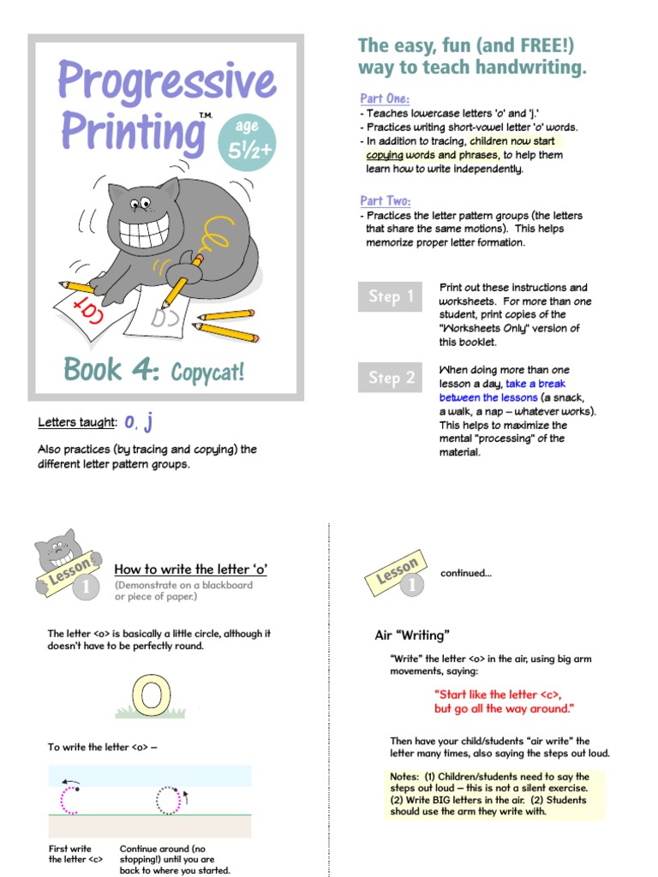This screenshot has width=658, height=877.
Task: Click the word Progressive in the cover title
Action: [x=167, y=82]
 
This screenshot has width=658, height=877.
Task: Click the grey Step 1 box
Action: [x=390, y=296]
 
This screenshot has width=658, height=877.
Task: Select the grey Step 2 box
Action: [x=390, y=377]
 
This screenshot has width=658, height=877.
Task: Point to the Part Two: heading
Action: [x=386, y=200]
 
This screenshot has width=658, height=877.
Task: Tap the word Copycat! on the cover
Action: [x=207, y=373]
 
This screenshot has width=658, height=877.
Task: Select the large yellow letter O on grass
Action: [x=155, y=695]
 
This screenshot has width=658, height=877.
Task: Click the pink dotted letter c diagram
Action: [x=69, y=798]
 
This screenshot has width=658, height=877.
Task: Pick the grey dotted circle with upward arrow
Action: [x=168, y=800]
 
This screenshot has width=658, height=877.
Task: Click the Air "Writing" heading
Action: [x=413, y=635]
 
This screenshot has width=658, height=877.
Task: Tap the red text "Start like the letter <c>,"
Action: [x=498, y=695]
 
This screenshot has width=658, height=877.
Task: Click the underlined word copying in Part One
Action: [x=385, y=155]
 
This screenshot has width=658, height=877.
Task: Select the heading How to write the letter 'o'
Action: [x=190, y=569]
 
